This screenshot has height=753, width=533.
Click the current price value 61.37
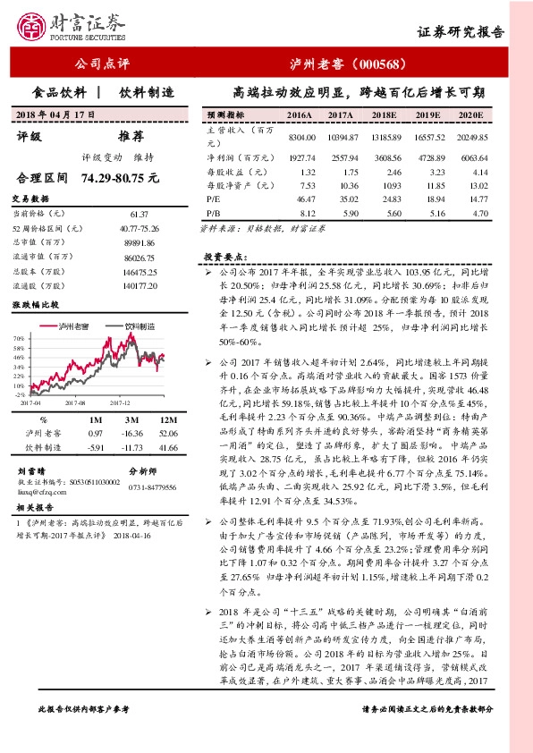tap(139, 214)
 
